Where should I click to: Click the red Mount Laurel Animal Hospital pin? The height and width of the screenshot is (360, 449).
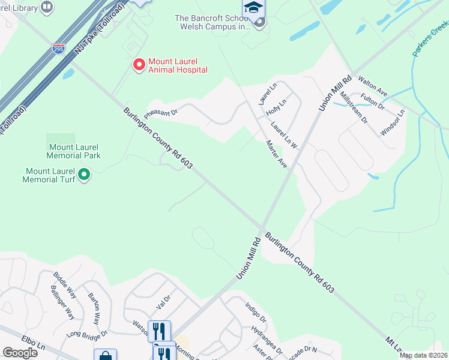tap(139, 64)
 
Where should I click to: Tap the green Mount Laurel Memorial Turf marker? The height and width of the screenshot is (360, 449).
tap(85, 175)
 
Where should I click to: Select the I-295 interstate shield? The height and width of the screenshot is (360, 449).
tap(58, 49)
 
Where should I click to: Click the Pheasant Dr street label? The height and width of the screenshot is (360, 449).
tap(161, 113)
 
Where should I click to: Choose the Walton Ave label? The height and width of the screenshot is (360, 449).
tap(373, 88)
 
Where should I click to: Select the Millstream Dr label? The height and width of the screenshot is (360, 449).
tap(353, 107)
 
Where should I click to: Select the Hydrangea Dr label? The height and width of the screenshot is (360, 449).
tap(267, 339)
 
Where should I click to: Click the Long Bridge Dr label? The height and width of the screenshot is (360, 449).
tap(87, 334)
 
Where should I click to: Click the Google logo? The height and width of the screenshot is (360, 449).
tap(20, 352)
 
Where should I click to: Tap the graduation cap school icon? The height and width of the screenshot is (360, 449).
tap(253, 8)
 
